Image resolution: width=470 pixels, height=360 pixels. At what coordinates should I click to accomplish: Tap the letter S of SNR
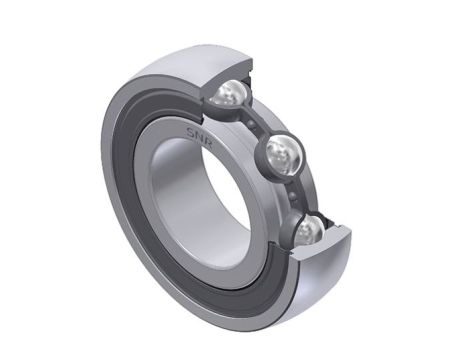tap(191, 132)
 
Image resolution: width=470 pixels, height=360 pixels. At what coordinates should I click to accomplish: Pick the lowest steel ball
tap(308, 230)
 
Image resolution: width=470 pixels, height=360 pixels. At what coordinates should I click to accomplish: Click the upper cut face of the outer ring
tap(227, 74)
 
